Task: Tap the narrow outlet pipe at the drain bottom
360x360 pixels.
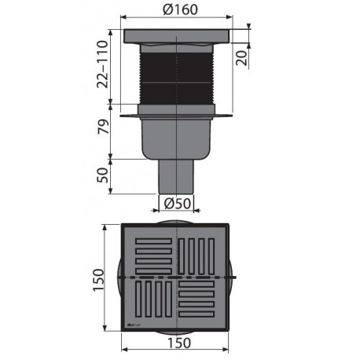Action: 178,174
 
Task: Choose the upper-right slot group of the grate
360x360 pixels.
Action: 201,255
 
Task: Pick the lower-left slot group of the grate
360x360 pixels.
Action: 152,303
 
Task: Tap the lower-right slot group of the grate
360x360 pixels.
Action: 201,302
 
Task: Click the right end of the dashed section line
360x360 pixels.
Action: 235,279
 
